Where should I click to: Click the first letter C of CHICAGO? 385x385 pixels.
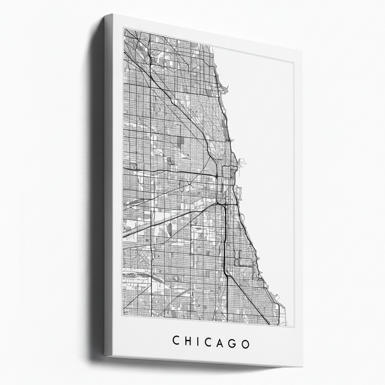(x=176, y=341)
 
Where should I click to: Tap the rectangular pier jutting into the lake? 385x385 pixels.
(x=241, y=160)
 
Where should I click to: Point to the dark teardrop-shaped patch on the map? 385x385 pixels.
(x=170, y=229)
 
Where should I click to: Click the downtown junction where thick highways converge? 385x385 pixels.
(x=219, y=203)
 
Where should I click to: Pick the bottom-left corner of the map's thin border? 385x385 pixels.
(x=122, y=316)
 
